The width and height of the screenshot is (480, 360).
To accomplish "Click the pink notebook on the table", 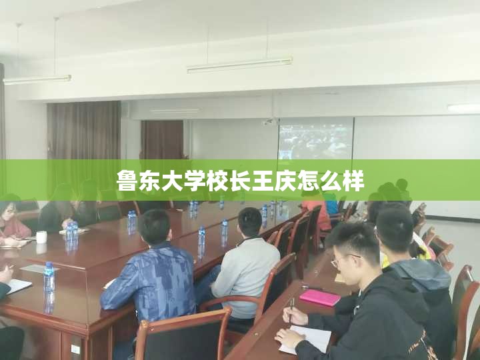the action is (319, 297).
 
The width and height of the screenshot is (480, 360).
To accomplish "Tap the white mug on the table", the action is (41, 237).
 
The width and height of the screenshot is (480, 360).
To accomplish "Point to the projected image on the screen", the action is (315, 139).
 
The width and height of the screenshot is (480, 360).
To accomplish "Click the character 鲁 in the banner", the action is (127, 181).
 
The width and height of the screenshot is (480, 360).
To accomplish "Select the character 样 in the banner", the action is (353, 181).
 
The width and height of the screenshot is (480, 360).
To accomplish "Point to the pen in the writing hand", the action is (291, 310).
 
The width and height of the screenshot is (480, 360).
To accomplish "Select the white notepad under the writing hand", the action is (305, 340).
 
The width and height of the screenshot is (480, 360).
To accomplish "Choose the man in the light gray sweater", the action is (242, 263).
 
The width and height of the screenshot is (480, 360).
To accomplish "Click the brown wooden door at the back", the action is (162, 140).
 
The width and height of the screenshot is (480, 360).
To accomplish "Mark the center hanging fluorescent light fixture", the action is (240, 65).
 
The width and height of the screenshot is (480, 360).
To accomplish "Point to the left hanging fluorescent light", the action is (37, 79).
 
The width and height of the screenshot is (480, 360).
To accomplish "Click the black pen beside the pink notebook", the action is (312, 287).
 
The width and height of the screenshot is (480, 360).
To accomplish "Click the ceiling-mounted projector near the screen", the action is (269, 122).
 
